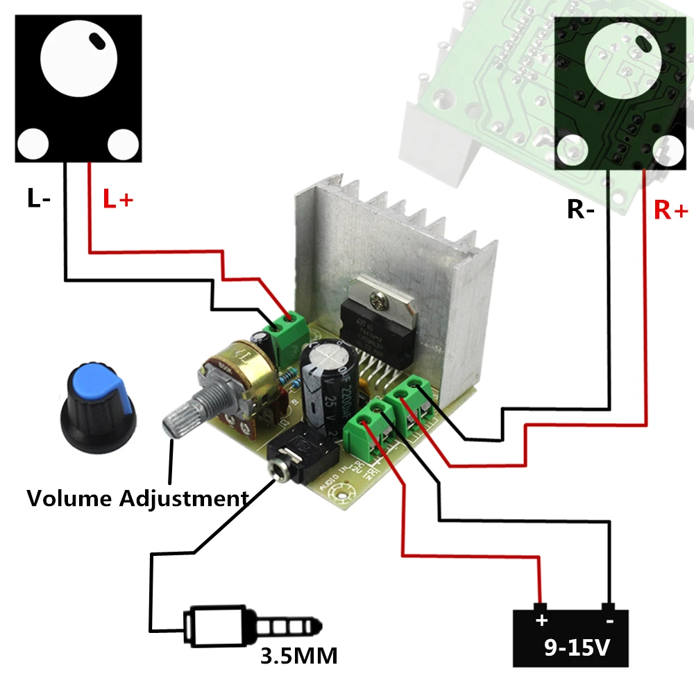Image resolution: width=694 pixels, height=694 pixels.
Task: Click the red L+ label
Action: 117,199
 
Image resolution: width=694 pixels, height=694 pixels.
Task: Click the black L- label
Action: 38,199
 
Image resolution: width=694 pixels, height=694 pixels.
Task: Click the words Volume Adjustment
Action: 137,498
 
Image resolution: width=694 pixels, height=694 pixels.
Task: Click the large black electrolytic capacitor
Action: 328,385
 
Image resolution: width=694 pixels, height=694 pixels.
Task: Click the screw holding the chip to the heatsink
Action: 382,300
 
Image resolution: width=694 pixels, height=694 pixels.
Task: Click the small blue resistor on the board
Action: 287,378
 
